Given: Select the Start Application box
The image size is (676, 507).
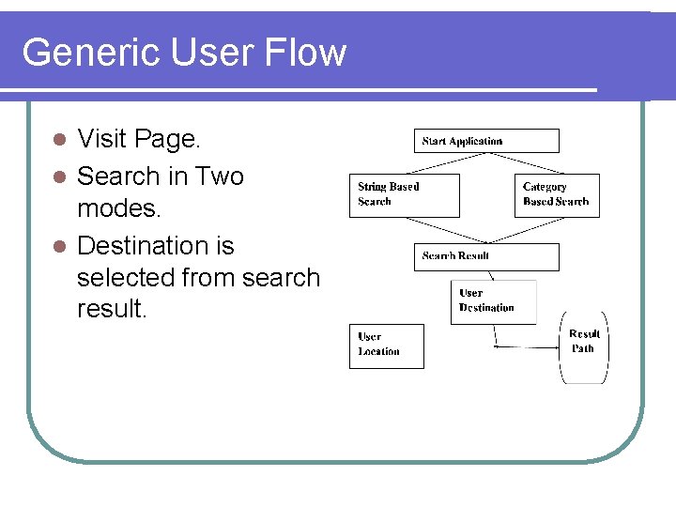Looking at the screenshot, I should tap(486, 141).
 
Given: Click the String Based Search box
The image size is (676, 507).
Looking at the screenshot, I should tap(404, 195).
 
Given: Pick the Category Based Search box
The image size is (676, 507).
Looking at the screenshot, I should tap(557, 195).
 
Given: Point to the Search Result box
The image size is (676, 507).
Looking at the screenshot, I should tap(486, 256).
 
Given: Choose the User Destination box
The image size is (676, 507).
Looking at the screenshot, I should tap(493, 301).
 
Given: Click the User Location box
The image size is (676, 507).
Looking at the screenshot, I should tap(386, 346).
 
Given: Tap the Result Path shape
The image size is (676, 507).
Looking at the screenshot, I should tap(584, 346).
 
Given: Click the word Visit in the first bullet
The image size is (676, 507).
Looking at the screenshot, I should tap(101, 140).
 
